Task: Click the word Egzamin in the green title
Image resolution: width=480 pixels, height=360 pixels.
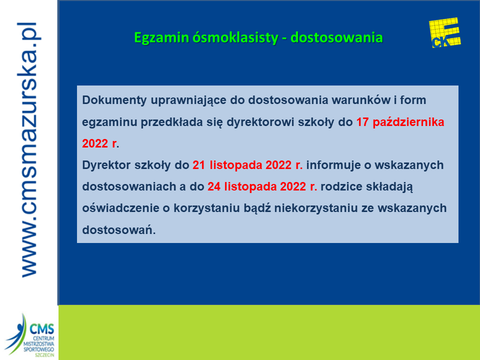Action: pyautogui.click(x=161, y=38)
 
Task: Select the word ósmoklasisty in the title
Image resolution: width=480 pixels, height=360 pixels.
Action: pyautogui.click(x=235, y=37)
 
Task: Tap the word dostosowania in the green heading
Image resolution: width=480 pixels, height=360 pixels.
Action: pyautogui.click(x=336, y=37)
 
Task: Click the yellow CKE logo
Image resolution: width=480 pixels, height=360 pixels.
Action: pyautogui.click(x=445, y=33)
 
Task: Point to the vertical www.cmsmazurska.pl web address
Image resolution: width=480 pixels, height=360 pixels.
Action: pyautogui.click(x=29, y=149)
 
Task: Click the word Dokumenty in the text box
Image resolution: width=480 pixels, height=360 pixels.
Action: pyautogui.click(x=114, y=100)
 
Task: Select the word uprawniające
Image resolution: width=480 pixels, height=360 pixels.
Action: pyautogui.click(x=188, y=100)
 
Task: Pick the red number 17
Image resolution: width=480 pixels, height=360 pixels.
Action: pyautogui.click(x=362, y=122)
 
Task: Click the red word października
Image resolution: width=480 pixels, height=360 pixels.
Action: pyautogui.click(x=408, y=122)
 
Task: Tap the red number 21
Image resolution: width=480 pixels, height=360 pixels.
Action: pyautogui.click(x=198, y=165)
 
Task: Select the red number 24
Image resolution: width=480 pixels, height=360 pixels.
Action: pyautogui.click(x=214, y=186)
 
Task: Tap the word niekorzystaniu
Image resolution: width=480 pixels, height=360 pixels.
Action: pyautogui.click(x=316, y=208)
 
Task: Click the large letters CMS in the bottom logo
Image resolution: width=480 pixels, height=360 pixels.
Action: pyautogui.click(x=42, y=329)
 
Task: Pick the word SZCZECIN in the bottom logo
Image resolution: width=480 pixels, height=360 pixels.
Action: pyautogui.click(x=44, y=355)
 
